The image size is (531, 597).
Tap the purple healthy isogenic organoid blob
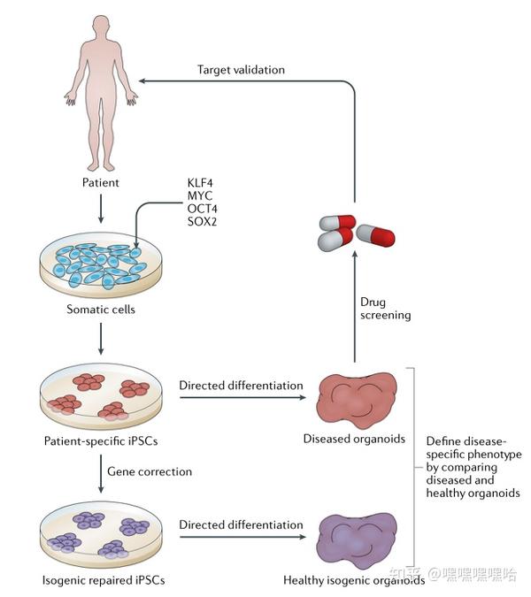point(354,540)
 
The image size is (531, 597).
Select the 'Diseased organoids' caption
point(353,439)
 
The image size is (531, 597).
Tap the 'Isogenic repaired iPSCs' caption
point(103,580)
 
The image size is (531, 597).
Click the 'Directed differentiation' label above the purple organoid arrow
point(241,524)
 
